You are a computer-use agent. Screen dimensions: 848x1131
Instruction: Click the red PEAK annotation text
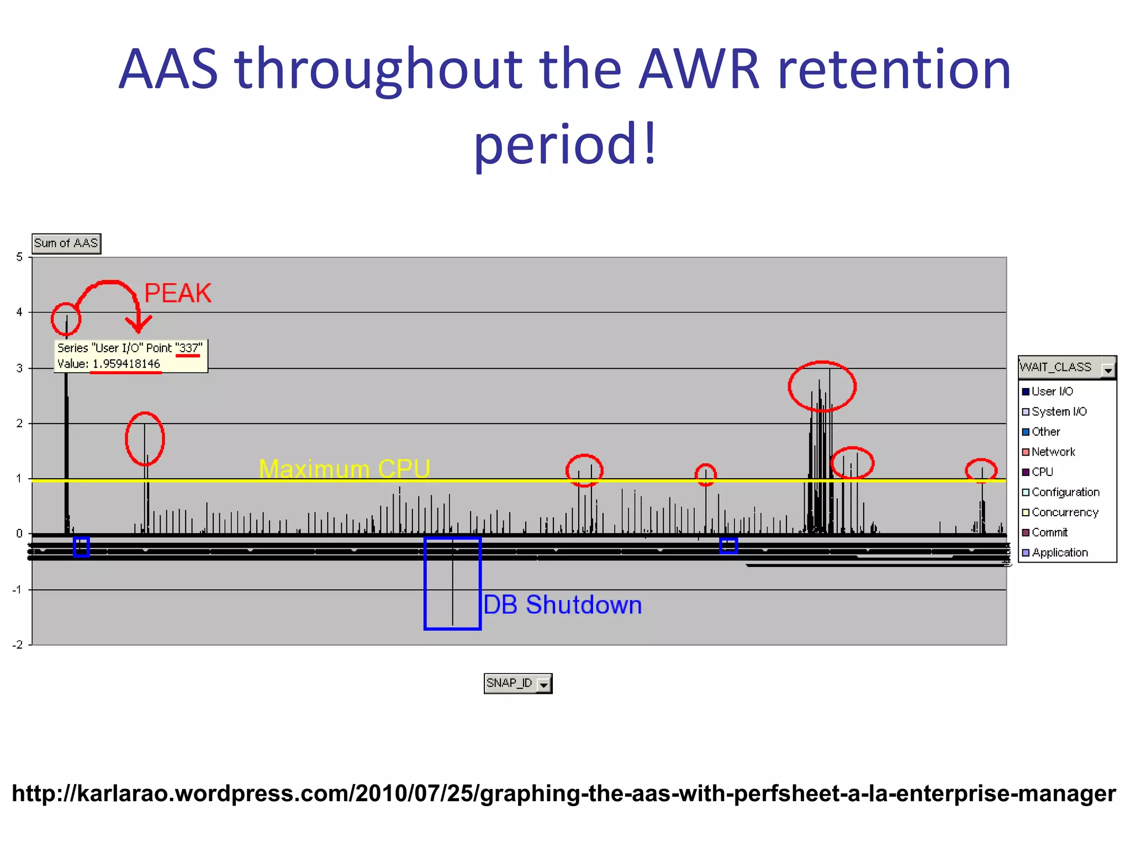(177, 293)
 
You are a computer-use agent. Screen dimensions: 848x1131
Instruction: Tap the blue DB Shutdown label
(562, 605)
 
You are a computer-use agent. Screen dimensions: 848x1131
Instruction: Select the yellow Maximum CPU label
(344, 469)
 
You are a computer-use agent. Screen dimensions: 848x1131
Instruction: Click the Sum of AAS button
(66, 243)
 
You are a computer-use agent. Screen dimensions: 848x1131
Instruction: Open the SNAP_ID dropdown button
(544, 685)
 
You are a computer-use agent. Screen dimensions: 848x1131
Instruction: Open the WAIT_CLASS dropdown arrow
(1107, 369)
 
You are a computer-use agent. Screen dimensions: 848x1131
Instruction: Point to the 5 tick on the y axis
(20, 257)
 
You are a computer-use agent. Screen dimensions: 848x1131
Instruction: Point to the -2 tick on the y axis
(18, 645)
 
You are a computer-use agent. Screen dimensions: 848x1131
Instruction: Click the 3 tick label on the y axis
(20, 368)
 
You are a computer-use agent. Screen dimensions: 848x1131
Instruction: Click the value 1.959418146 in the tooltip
(126, 364)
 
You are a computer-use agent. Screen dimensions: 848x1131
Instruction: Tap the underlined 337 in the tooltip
(188, 348)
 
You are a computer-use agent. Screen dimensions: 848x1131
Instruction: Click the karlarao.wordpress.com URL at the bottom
(564, 793)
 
